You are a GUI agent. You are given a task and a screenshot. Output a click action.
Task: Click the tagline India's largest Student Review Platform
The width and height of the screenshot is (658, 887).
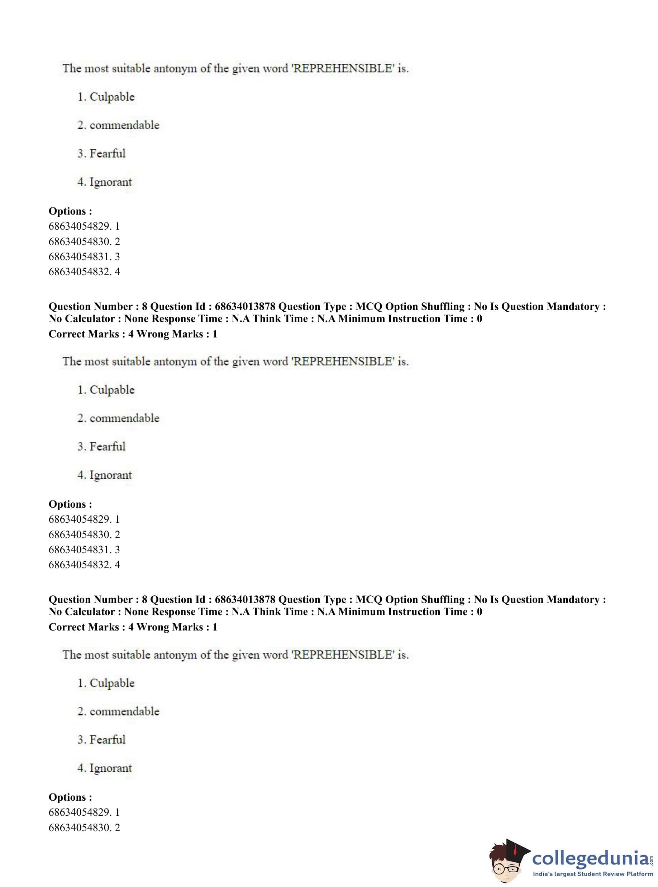[593, 874]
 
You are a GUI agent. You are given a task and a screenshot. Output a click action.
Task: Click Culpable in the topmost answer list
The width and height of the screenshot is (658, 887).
[112, 97]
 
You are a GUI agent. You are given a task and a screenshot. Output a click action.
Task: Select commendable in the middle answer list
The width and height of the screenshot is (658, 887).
[124, 418]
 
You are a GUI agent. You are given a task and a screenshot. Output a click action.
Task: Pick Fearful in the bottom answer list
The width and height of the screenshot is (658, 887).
[107, 740]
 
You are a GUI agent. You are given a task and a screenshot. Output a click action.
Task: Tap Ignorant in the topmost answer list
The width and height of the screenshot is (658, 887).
[110, 182]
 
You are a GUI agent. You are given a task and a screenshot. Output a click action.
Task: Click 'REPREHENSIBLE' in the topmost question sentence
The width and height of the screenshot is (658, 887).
[343, 68]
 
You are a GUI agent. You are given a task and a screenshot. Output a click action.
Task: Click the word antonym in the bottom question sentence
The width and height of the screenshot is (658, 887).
[175, 655]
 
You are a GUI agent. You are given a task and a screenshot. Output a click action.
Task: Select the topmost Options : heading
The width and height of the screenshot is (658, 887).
[70, 211]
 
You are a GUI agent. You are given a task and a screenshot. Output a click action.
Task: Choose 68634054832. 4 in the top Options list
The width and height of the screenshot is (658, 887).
[84, 272]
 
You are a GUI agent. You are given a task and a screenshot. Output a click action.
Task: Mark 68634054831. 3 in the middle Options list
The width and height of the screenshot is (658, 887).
[84, 550]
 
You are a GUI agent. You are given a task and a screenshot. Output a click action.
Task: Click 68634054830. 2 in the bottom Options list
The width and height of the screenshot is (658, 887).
[84, 827]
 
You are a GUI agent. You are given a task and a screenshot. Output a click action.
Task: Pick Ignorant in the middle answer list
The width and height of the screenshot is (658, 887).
[110, 475]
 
